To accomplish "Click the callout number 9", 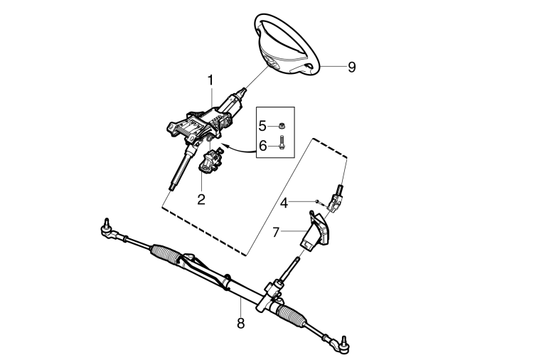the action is click(x=351, y=67).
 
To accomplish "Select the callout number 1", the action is click(x=210, y=80).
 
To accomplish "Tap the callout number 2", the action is click(x=201, y=199).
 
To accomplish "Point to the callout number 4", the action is click(x=284, y=203).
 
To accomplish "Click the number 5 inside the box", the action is click(x=262, y=126).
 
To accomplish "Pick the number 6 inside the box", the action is click(x=262, y=146).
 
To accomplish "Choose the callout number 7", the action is click(x=276, y=233).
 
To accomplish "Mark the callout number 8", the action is click(x=240, y=323).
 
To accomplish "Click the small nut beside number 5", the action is click(x=281, y=125).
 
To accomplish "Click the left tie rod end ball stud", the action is click(x=107, y=223).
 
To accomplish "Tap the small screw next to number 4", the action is click(x=320, y=203).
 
